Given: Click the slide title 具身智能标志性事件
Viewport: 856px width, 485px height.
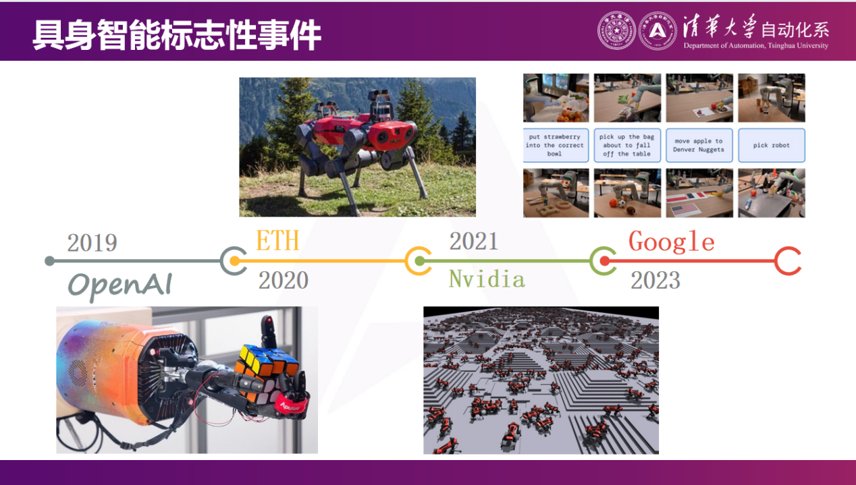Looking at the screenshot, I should pos(176,36).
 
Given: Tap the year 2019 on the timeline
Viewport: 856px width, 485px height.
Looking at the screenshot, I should pos(92,243).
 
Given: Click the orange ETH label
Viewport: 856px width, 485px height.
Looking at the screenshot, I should pos(277,241).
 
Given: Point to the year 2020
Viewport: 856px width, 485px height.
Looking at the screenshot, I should pos(284,280).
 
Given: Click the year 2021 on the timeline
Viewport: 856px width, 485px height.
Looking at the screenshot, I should pos(474,241).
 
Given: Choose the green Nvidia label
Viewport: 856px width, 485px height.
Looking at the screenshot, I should pos(487,279).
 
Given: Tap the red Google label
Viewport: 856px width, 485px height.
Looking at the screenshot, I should pos(671,241).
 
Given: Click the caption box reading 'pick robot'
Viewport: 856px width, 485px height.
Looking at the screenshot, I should pos(772,145).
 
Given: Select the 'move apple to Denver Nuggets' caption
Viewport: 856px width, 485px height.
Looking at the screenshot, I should pos(699,145).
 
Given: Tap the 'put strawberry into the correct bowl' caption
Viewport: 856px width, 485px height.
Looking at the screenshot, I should pos(555,145).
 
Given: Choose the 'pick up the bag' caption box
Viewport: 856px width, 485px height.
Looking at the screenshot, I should pos(627,145).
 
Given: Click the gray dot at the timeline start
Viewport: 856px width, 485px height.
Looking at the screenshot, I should pos(49,261).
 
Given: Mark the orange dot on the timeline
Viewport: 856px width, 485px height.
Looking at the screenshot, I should pos(234,261).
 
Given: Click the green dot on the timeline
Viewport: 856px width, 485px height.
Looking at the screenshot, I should pos(419,261).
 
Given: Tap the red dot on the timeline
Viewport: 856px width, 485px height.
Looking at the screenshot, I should pos(605,261).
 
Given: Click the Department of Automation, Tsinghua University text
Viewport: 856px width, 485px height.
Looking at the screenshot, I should pos(755,46).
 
